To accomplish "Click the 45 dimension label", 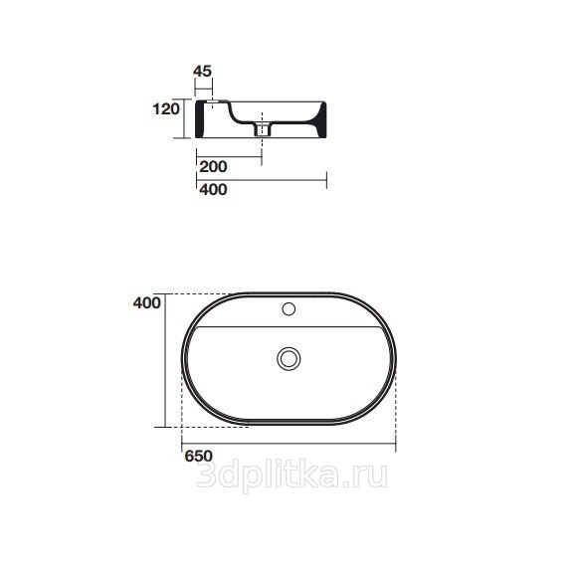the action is [202, 71].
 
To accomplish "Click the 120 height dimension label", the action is [166, 108].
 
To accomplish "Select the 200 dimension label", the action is [213, 166].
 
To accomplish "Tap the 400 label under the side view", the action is [213, 190].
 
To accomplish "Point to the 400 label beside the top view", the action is [147, 303].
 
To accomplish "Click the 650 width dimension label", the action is [199, 457].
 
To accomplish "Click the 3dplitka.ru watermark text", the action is [291, 475].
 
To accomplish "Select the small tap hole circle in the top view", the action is [289, 309].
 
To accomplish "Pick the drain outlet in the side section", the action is [263, 129].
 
